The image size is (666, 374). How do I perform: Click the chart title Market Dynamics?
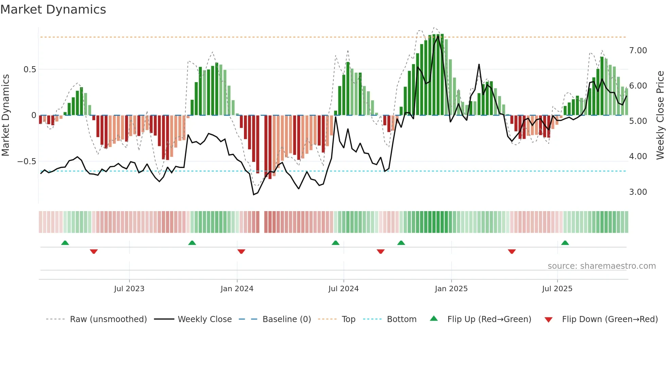(x=53, y=10)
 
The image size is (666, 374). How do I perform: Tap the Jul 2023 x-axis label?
(x=129, y=289)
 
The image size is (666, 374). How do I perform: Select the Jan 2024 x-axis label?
(x=237, y=289)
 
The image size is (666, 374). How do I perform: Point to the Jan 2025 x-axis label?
(x=451, y=289)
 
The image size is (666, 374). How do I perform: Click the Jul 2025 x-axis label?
(x=557, y=289)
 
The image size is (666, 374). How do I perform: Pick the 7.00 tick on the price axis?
(x=638, y=51)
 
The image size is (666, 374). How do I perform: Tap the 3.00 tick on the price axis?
(x=638, y=192)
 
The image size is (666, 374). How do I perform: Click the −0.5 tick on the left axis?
(x=27, y=162)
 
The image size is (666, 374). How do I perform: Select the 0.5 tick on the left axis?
(x=30, y=70)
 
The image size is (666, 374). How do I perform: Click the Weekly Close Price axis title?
(x=660, y=115)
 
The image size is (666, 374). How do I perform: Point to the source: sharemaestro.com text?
(x=601, y=266)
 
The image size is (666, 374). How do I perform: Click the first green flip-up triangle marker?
(x=65, y=243)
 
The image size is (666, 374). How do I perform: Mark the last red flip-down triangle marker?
(x=512, y=251)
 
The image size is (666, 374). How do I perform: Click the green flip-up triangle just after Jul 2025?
(x=565, y=243)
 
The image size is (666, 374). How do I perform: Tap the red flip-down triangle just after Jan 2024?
(x=241, y=251)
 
